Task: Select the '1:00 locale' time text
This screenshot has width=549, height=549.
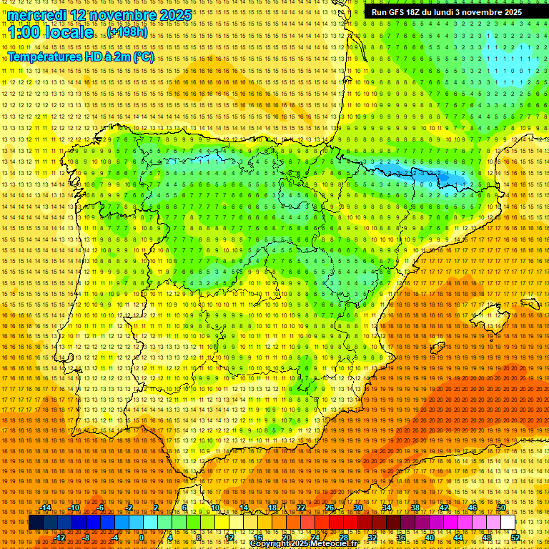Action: [50, 32]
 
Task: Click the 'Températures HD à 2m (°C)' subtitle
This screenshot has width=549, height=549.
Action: [81, 57]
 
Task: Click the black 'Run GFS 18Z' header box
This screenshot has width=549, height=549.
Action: [447, 12]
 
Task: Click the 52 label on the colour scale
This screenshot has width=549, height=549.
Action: [515, 538]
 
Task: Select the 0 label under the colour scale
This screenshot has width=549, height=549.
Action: [142, 538]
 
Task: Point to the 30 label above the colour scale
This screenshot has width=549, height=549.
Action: [357, 508]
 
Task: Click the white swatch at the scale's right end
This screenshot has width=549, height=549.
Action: [508, 523]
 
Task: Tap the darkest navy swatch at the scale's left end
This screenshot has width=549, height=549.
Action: [36, 523]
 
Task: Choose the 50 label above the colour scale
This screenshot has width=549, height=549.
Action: [501, 508]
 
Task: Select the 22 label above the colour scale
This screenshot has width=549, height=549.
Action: [300, 508]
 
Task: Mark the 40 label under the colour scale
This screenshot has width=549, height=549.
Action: [430, 538]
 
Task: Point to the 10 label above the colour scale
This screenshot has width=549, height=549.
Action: [214, 508]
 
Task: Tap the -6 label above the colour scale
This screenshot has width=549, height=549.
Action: [101, 508]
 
